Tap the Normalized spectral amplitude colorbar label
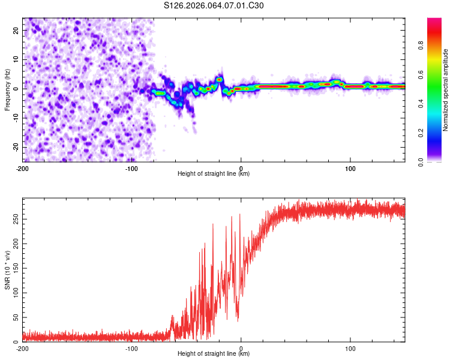446,90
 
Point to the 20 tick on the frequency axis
16,29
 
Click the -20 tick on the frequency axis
15,147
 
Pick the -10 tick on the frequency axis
15,118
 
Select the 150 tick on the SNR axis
14,268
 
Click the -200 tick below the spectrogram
23,167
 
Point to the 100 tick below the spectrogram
350,167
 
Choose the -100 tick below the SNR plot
131,348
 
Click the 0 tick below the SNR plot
241,348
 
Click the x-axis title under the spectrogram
214,174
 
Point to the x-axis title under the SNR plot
214,354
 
